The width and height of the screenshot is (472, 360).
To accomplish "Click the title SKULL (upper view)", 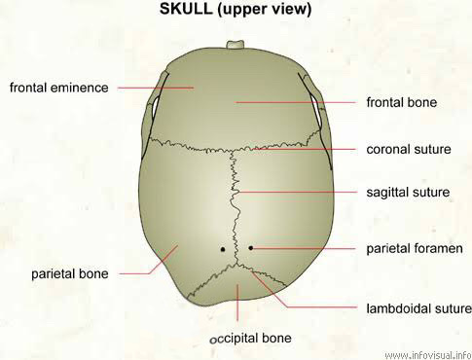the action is (236, 9).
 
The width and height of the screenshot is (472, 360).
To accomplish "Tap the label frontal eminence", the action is (59, 88).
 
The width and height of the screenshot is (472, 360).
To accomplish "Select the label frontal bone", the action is (402, 102).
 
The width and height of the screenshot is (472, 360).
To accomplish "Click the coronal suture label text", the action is (409, 149).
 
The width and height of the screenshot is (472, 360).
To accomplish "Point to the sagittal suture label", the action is (408, 193).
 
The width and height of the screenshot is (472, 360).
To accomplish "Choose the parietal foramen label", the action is (415, 249).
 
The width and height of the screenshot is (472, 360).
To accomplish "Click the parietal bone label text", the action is (70, 274).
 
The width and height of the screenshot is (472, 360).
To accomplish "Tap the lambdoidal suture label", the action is (419, 308).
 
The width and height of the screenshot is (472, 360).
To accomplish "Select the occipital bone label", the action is (251, 339).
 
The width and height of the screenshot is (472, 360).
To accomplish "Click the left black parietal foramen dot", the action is (223, 249).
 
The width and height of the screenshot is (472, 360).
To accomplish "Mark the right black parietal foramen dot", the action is (251, 248).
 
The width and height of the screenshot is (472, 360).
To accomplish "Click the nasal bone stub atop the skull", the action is (236, 45).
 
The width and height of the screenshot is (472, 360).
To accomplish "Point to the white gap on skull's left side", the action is (155, 106).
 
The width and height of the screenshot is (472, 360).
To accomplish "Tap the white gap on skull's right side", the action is (316, 110).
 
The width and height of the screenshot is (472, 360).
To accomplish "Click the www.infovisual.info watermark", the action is (428, 355).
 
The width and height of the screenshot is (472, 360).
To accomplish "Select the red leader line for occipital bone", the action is (237, 303).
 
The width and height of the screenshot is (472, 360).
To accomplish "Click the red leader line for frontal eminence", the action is (156, 88).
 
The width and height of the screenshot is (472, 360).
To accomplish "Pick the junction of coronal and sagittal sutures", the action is (233, 150).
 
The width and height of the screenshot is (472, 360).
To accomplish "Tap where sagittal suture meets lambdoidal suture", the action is (237, 265).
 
